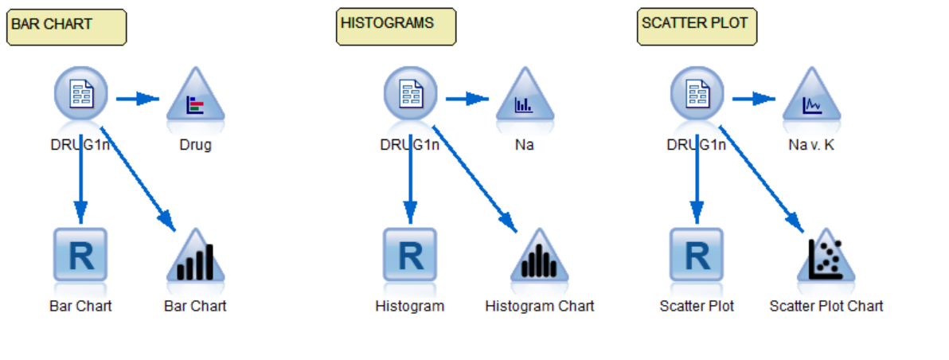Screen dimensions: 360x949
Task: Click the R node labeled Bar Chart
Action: [x=80, y=256]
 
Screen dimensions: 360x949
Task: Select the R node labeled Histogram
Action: [x=410, y=256]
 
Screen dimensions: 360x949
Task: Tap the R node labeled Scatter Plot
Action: [x=697, y=256]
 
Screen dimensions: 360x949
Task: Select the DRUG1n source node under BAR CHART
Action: [x=80, y=94]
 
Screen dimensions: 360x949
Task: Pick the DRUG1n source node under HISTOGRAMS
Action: [x=410, y=94]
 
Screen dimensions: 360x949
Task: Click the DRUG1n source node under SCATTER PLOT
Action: [x=697, y=94]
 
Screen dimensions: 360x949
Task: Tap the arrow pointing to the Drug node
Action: [x=139, y=99]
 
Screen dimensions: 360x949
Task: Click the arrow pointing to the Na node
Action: [x=467, y=99]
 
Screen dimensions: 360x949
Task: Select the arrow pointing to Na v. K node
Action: [x=754, y=99]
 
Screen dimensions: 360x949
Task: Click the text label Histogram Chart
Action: [x=539, y=306]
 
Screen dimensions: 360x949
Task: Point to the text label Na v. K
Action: [x=811, y=145]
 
